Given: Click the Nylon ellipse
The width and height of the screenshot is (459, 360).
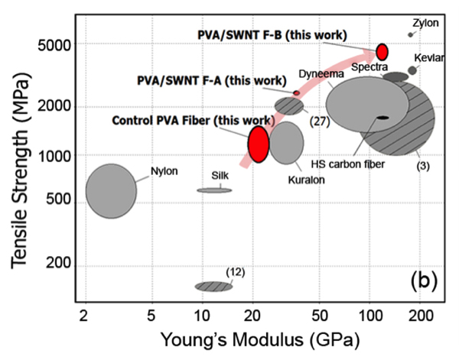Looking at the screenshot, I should [111, 190].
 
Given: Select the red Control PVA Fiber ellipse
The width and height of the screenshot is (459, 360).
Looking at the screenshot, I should [259, 144].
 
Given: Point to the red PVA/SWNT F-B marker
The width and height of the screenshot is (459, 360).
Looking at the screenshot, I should [382, 51].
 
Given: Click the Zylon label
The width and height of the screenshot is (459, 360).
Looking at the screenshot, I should [425, 23].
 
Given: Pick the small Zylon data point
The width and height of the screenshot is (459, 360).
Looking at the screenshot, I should [411, 35].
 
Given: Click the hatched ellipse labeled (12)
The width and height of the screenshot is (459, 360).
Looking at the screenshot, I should [213, 286].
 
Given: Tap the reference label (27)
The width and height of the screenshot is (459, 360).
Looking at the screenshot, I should [320, 120].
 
